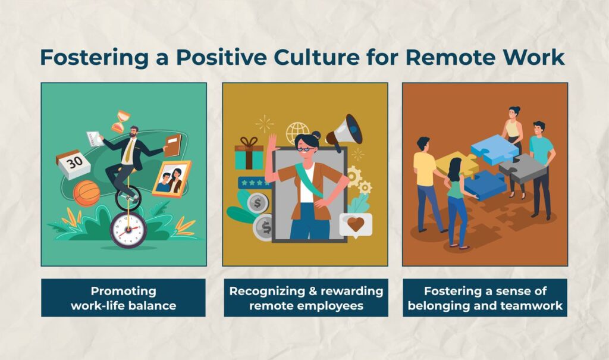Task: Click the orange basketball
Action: [86, 193]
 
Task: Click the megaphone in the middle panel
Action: [345, 132]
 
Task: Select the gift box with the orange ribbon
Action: [249, 153]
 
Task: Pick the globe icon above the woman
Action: [297, 133]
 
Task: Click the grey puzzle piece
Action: [522, 169]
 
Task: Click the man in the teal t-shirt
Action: [541, 167]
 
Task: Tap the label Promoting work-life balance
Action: [123, 298]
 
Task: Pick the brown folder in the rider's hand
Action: [172, 145]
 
